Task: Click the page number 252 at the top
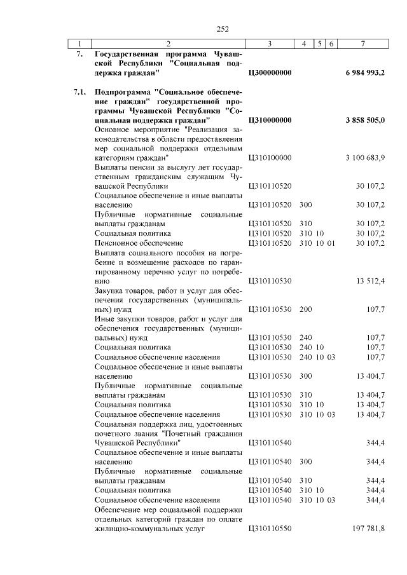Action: coord(223,29)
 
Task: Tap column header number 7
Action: coord(362,43)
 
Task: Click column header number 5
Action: coord(320,43)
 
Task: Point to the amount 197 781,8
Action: coord(369,528)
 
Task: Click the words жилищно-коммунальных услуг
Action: coord(142,528)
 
